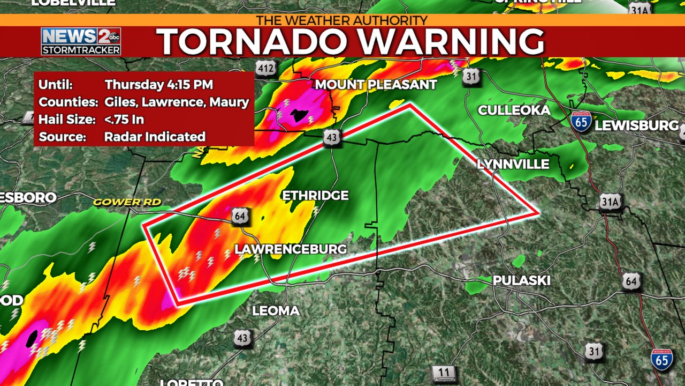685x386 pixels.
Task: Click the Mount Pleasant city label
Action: pos(376,85)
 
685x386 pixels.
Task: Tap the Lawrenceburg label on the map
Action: pos(291,249)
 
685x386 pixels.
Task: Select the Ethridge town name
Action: pos(315,196)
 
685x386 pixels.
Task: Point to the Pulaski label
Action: pos(521,280)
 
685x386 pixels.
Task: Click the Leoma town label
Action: pos(276,311)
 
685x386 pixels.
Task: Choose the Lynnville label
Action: pos(513,164)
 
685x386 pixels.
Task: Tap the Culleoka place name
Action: pos(514,110)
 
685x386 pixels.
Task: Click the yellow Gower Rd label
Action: pos(127,202)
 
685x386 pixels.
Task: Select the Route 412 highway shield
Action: pos(266,68)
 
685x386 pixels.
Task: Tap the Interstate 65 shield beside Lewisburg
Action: pos(581,122)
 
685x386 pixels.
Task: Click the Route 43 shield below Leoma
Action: pos(242,338)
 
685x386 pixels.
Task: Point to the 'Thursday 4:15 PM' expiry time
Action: pos(159,85)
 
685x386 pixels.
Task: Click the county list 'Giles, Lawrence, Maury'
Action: pos(177,102)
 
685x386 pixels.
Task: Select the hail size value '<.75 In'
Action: pos(124,120)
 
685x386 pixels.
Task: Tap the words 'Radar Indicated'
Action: pos(155,137)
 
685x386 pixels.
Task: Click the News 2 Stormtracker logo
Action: pos(81,41)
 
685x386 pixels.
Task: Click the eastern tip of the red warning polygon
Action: pos(537,213)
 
